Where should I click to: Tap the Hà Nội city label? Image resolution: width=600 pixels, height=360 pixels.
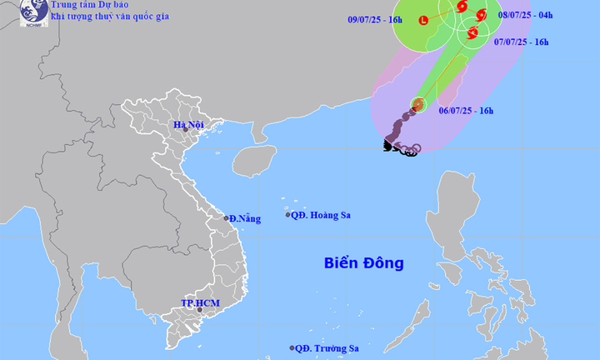(188, 125)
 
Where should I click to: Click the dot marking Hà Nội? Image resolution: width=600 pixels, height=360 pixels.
(186, 130)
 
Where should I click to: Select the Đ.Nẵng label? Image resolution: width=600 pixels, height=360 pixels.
(245, 219)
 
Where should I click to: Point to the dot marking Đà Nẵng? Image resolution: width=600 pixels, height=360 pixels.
(226, 218)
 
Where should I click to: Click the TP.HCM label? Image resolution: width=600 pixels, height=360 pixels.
(200, 302)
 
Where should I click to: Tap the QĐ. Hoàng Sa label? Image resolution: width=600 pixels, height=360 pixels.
(321, 215)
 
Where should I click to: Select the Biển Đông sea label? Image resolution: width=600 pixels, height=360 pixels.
(363, 263)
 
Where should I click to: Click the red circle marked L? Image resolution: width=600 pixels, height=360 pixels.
(424, 20)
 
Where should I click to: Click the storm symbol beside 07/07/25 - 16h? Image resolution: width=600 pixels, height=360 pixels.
(472, 33)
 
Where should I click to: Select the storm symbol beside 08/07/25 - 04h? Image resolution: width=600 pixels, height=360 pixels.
(481, 14)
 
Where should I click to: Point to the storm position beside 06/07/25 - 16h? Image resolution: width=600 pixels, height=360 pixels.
(417, 105)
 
